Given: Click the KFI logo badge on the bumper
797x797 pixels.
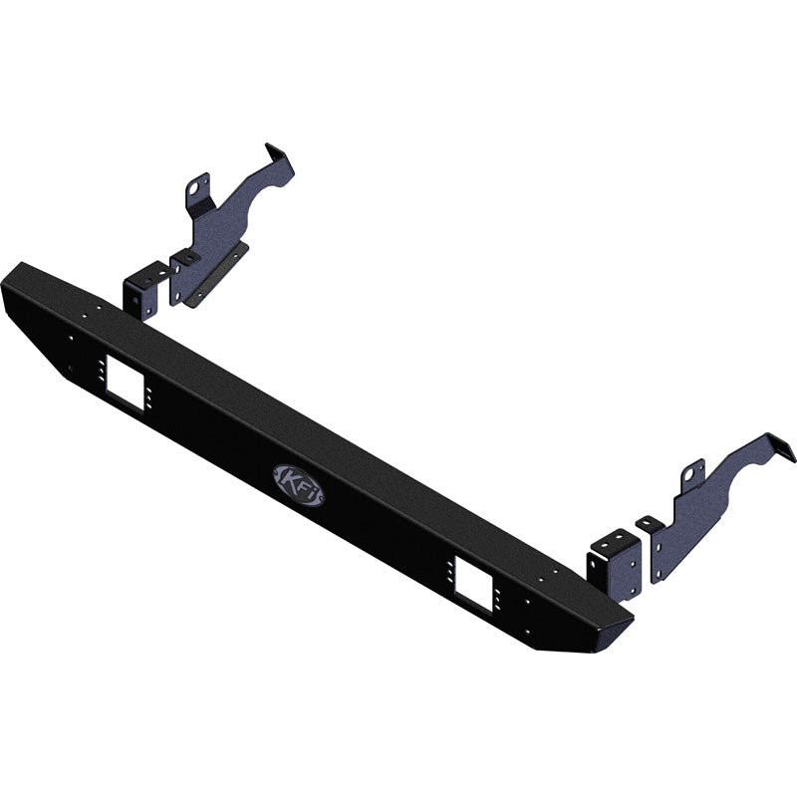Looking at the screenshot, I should coord(296,484).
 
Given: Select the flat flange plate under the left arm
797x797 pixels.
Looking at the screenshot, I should coord(213,278).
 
